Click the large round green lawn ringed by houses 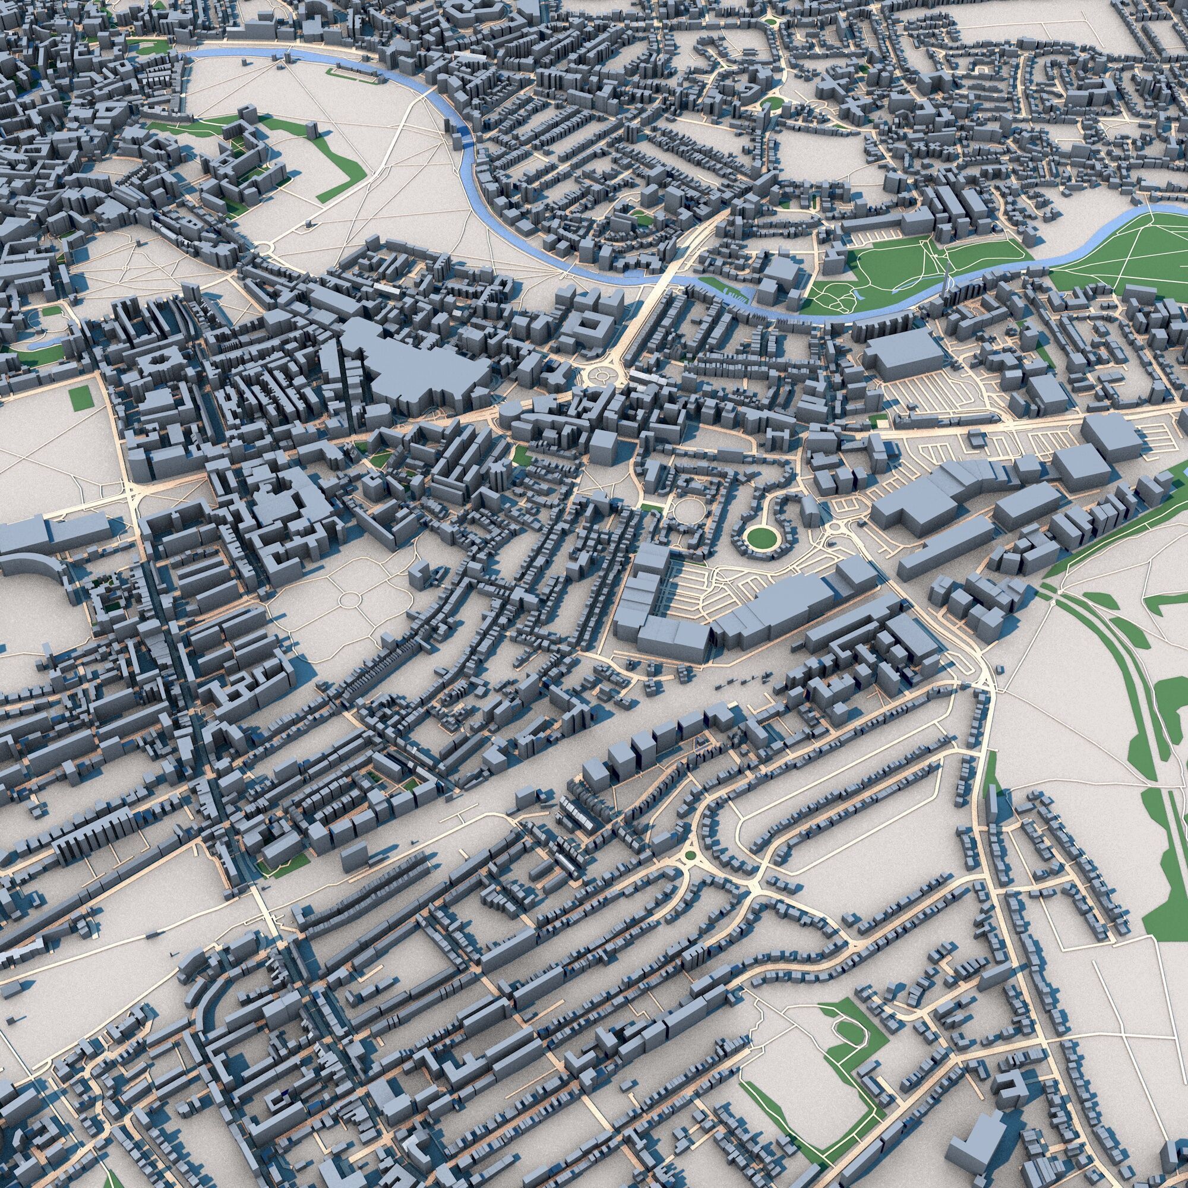coord(762,537)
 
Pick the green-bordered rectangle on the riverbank coord(353,73)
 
